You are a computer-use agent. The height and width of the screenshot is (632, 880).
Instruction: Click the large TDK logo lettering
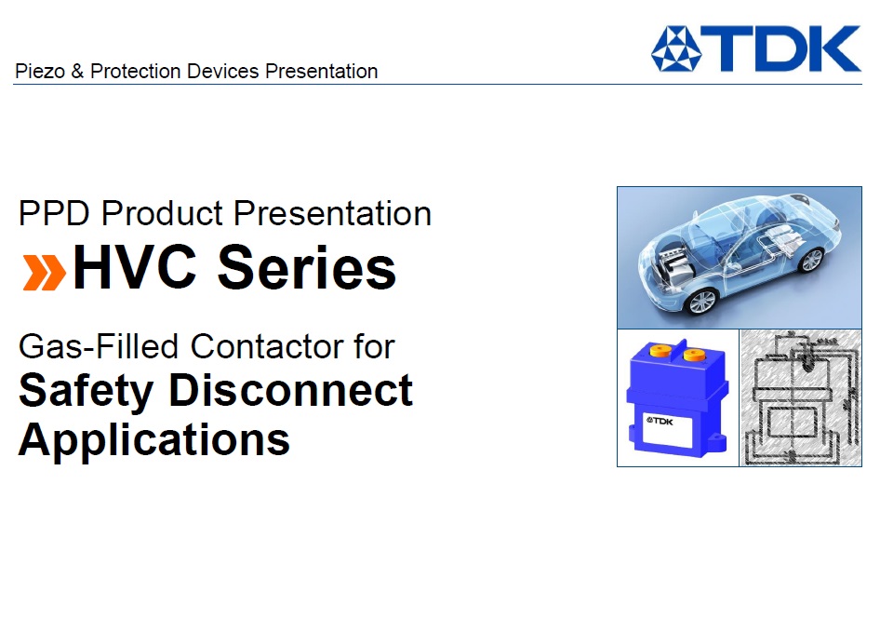[780, 48]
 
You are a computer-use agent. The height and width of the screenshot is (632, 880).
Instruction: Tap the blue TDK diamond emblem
[676, 49]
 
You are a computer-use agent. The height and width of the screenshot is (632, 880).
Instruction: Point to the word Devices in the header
[223, 72]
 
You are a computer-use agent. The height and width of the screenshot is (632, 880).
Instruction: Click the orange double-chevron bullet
[45, 273]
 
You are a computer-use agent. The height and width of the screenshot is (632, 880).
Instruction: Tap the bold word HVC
[135, 268]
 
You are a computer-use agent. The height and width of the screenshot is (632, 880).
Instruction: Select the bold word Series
[307, 268]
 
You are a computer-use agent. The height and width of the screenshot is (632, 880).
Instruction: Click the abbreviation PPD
[54, 213]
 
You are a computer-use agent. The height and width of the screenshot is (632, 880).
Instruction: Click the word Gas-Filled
[99, 346]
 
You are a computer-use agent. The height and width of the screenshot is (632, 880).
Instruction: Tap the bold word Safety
[86, 392]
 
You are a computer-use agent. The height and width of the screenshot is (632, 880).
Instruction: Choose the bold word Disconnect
[291, 390]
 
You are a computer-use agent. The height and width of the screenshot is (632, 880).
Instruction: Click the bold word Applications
[154, 440]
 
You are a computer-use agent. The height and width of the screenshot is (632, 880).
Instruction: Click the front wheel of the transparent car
[702, 302]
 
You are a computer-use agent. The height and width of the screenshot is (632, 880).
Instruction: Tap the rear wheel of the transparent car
[810, 260]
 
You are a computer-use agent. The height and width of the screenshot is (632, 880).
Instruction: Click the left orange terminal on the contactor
[660, 351]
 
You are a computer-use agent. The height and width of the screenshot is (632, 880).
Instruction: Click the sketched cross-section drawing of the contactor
[800, 397]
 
